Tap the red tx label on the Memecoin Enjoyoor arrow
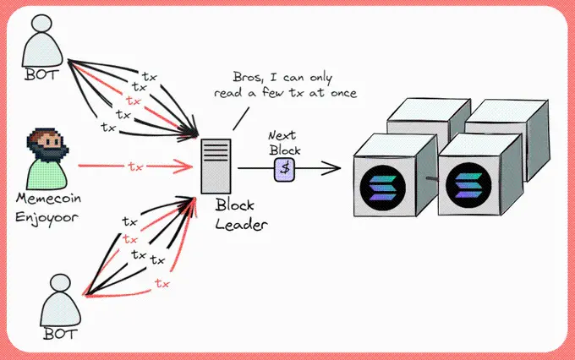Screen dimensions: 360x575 tap(135, 166)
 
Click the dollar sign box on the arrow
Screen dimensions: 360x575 tap(286, 167)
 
